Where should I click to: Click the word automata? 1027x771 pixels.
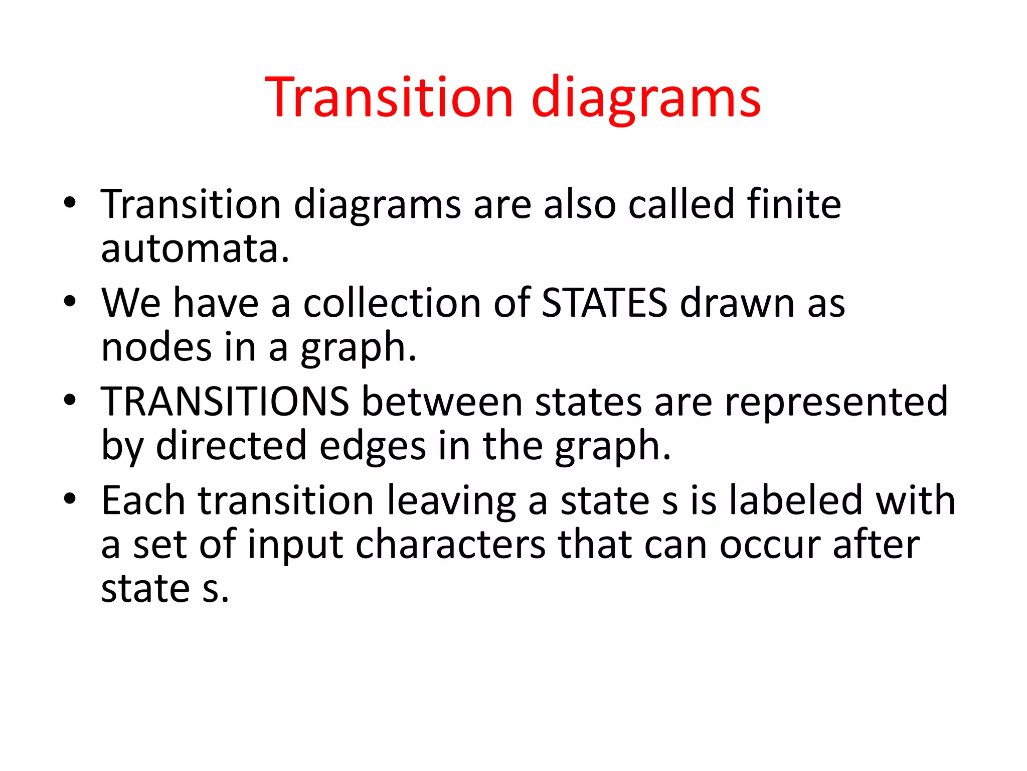point(195,249)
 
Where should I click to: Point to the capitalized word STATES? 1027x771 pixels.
point(604,303)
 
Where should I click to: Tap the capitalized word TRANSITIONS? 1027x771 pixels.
point(225,402)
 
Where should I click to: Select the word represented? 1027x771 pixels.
point(836,402)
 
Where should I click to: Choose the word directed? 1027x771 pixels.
point(231,446)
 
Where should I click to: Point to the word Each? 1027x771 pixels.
point(143,500)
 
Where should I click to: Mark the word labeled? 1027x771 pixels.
point(795,500)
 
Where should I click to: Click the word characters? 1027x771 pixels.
point(450,545)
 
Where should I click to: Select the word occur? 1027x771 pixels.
point(770,546)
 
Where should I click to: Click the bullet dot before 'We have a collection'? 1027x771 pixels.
point(70,301)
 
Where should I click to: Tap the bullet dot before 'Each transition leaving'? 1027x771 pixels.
point(70,498)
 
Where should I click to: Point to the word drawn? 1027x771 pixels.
point(737,303)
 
